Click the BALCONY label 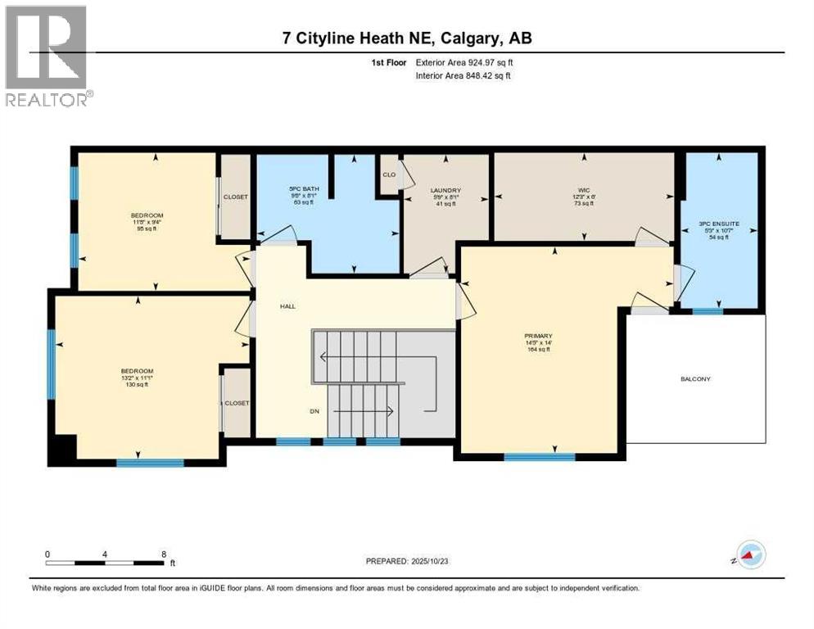(694, 379)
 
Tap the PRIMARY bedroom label (539, 336)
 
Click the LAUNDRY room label (445, 190)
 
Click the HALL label (287, 306)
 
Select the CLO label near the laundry (389, 174)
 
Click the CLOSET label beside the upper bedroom (236, 197)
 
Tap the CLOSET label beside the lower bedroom (237, 403)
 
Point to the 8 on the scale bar (164, 554)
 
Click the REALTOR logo (47, 57)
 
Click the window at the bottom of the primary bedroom (539, 457)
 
